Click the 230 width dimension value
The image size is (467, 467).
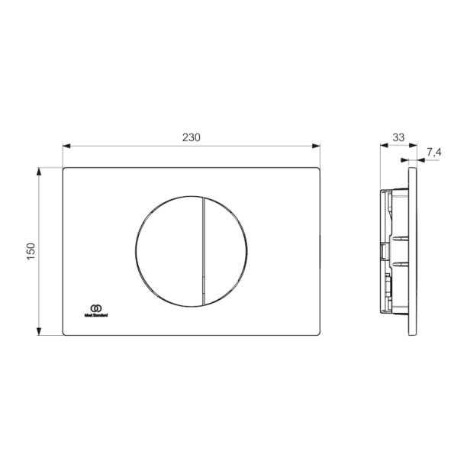[191, 137]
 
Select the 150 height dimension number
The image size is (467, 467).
[31, 251]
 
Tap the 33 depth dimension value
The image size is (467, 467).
[398, 137]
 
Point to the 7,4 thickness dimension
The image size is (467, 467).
[433, 153]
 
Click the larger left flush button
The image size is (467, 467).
[168, 250]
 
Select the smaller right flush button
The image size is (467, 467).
[227, 250]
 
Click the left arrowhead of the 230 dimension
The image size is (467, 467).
[66, 146]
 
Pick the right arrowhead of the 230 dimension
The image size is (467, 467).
[315, 146]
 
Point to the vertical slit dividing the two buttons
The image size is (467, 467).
[203, 250]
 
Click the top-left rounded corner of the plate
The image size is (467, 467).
[65, 169]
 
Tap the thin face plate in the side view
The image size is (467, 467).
[413, 252]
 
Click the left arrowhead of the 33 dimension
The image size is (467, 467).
[383, 146]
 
